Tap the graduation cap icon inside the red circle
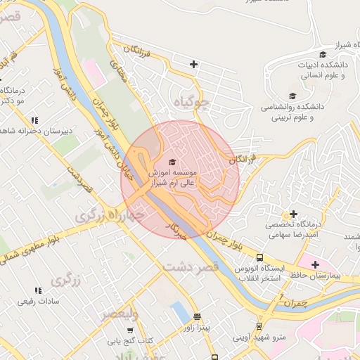[x=174, y=163]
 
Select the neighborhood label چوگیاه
[x=192, y=103]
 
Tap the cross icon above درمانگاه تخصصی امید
[x=293, y=214]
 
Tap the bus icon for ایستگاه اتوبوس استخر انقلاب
[x=259, y=258]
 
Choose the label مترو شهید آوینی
[x=260, y=337]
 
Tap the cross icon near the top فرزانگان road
[x=193, y=65]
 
